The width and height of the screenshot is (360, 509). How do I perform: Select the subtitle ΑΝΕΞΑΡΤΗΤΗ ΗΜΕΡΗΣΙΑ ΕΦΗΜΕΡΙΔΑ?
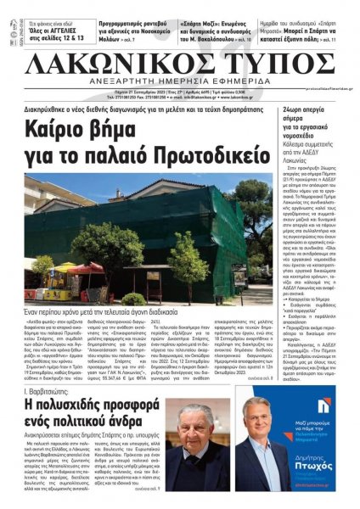(x=179, y=86)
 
